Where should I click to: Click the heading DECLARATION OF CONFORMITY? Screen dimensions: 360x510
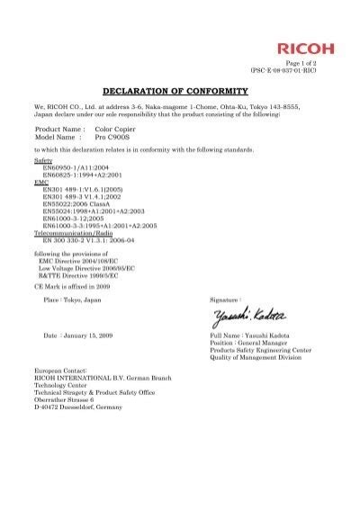point(179,93)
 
